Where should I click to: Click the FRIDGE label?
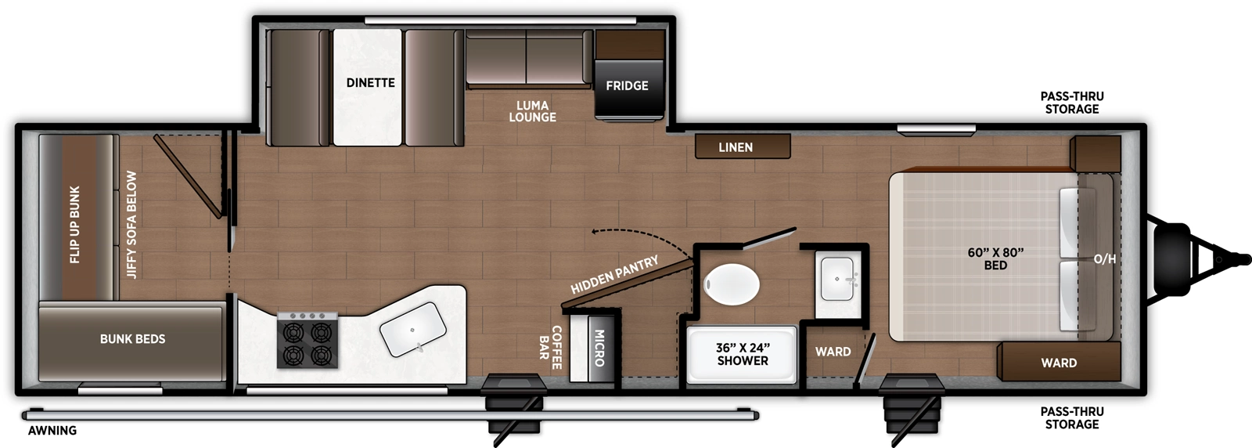coord(627,85)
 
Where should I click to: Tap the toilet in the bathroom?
coord(732,285)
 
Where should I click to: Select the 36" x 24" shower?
coord(742,355)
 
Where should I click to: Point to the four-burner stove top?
coord(308,341)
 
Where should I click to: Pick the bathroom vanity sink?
coord(839,278)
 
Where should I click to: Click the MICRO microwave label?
coord(599,348)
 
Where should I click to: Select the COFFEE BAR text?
coord(550,347)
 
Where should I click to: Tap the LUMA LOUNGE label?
coord(532,111)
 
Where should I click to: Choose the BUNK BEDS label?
coord(132,339)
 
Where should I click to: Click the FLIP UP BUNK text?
coord(75,224)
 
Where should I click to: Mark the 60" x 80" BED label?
coord(995,258)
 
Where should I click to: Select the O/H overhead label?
coord(1104,259)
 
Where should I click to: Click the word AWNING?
coord(52,430)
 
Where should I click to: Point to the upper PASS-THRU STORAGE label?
coord(1071,103)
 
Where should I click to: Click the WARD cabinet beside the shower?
coord(833,352)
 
